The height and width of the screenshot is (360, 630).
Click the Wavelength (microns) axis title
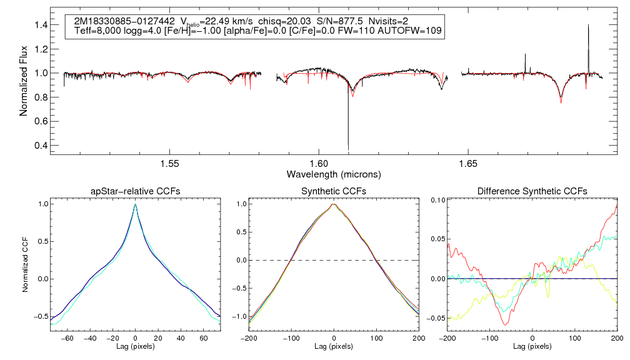[333, 174]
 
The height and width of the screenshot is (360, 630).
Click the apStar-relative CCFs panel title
[135, 191]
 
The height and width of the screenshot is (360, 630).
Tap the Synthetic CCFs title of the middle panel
[334, 191]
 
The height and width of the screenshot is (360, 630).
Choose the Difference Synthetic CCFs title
[532, 191]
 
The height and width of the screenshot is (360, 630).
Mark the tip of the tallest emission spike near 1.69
[588, 25]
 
